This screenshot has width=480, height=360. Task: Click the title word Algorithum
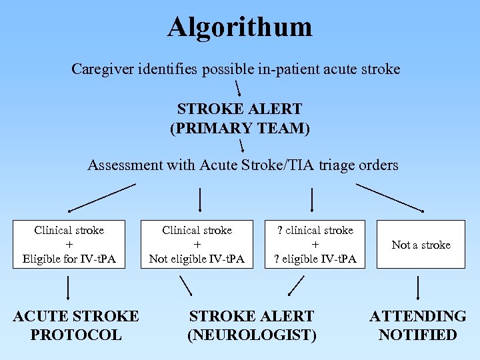tap(239, 27)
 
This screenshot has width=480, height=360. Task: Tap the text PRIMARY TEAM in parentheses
tap(240, 127)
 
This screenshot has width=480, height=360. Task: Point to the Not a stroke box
tap(421, 245)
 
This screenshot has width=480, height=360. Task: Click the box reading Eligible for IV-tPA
tap(69, 245)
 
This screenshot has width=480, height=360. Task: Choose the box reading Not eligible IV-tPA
tap(197, 245)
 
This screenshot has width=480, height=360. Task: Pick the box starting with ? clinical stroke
tap(315, 245)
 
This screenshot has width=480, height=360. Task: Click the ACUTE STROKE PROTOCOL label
tap(76, 325)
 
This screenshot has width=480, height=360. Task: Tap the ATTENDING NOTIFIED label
tap(418, 325)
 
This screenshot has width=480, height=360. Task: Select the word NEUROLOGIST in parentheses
tap(252, 335)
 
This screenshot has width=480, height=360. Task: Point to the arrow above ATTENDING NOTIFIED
tap(418, 288)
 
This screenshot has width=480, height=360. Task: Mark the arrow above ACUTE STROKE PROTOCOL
tap(67, 288)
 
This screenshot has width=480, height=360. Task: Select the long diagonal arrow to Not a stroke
tap(389, 197)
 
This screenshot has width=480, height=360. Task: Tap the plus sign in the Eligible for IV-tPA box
tap(69, 245)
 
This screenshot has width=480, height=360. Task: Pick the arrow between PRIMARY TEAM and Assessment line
tap(241, 145)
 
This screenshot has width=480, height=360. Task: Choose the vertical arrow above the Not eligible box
tap(201, 199)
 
